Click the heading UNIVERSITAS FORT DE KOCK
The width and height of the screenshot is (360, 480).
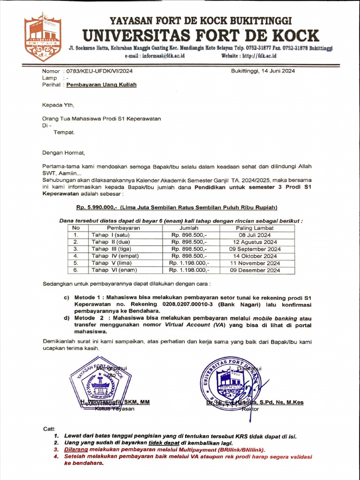pos(201,36)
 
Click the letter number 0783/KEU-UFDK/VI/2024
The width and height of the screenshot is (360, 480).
pos(99,71)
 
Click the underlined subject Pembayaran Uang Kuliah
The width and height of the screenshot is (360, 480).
pos(101,85)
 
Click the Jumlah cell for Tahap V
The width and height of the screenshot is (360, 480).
pos(189,263)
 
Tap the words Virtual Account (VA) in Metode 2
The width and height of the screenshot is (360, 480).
pos(191,325)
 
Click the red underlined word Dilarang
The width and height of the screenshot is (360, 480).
pos(75,449)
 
